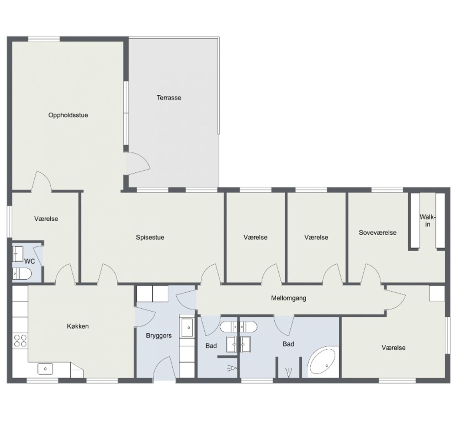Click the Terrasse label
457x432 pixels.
[x=169, y=98]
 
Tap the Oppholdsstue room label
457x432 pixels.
[x=68, y=115]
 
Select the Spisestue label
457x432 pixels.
[x=150, y=237]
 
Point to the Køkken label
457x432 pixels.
[x=78, y=326]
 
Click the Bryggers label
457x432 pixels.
[x=159, y=336]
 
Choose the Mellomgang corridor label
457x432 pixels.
[x=289, y=298]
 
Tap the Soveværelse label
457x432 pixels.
[x=378, y=233]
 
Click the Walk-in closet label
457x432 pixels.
[x=427, y=221]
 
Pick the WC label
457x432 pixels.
[x=30, y=261]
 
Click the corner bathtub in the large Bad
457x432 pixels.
[x=323, y=362]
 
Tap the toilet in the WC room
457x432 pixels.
[x=22, y=274]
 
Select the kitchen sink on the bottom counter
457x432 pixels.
[x=45, y=368]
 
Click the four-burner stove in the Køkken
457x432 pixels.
[x=20, y=341]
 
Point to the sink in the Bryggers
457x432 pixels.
[x=187, y=327]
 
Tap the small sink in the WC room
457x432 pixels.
[x=18, y=254]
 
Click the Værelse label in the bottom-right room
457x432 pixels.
[x=393, y=348]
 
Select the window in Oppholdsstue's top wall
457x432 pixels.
[x=44, y=39]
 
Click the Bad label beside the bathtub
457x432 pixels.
[x=288, y=344]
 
